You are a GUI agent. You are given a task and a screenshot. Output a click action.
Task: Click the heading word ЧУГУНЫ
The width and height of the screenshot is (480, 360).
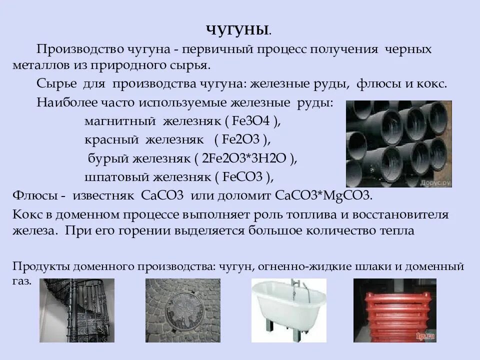pyautogui.click(x=238, y=30)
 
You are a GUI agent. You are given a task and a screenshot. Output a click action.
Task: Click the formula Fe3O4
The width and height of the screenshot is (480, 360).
pyautogui.click(x=252, y=121)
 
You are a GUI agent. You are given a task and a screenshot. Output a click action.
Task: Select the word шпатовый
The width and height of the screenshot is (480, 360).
pyautogui.click(x=114, y=176)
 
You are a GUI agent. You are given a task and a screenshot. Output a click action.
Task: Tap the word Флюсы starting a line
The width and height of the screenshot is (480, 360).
pyautogui.click(x=33, y=195)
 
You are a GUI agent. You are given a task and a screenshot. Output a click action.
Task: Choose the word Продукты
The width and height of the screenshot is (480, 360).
pyautogui.click(x=42, y=266)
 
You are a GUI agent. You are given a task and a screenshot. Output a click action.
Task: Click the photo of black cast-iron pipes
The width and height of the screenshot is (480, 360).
pyautogui.click(x=398, y=144)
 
